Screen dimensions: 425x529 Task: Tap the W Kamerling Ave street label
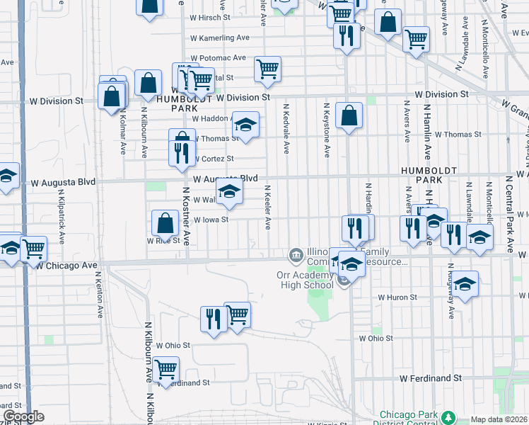click(x=220, y=38)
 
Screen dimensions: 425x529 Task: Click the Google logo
click(x=23, y=416)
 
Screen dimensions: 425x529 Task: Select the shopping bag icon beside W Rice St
click(x=165, y=223)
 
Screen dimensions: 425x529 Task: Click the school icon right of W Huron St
click(x=464, y=284)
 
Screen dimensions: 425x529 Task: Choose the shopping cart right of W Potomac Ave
click(x=267, y=69)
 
